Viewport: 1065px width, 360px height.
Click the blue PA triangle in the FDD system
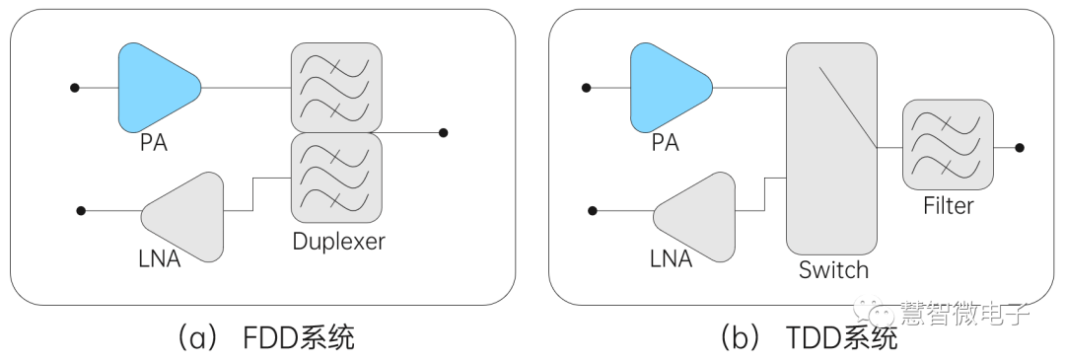click(x=156, y=87)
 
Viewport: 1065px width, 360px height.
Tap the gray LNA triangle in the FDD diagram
click(x=187, y=216)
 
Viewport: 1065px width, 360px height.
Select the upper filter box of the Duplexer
click(x=336, y=87)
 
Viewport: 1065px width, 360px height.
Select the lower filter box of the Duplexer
click(x=336, y=178)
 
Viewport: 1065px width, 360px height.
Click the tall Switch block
click(x=830, y=148)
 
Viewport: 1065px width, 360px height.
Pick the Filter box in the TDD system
click(x=947, y=145)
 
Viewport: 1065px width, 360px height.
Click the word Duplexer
click(x=338, y=241)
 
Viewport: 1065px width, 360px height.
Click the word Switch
click(x=833, y=269)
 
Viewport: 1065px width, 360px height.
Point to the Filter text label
click(x=948, y=206)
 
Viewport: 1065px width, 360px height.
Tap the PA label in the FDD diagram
click(x=153, y=143)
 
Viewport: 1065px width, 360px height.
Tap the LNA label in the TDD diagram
click(x=671, y=259)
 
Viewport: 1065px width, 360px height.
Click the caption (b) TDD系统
click(x=809, y=338)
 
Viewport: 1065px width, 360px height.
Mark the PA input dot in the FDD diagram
click(x=74, y=88)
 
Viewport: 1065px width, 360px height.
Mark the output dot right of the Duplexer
click(x=444, y=132)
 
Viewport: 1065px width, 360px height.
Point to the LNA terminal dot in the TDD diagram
click(x=592, y=210)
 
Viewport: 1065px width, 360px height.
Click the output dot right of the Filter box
click(x=1020, y=147)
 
